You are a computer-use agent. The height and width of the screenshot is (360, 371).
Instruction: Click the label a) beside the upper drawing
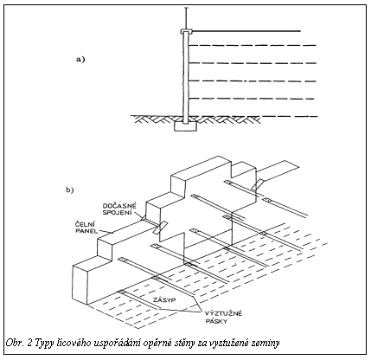pyautogui.click(x=80, y=60)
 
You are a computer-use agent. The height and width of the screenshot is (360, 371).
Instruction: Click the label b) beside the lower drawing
pyautogui.click(x=70, y=190)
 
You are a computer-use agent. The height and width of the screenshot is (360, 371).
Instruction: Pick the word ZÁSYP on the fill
pyautogui.click(x=163, y=300)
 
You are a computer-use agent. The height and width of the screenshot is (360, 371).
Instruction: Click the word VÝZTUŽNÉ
pyautogui.click(x=223, y=314)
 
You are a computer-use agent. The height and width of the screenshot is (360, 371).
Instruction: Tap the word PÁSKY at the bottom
pyautogui.click(x=216, y=320)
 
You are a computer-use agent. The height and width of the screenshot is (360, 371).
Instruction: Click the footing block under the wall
pyautogui.click(x=186, y=125)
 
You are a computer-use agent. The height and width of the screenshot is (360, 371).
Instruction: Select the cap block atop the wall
pyautogui.click(x=186, y=31)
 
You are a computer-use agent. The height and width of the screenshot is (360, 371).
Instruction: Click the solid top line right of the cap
pyautogui.click(x=246, y=31)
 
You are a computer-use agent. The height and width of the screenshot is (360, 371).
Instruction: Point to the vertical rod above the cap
pyautogui.click(x=186, y=18)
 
